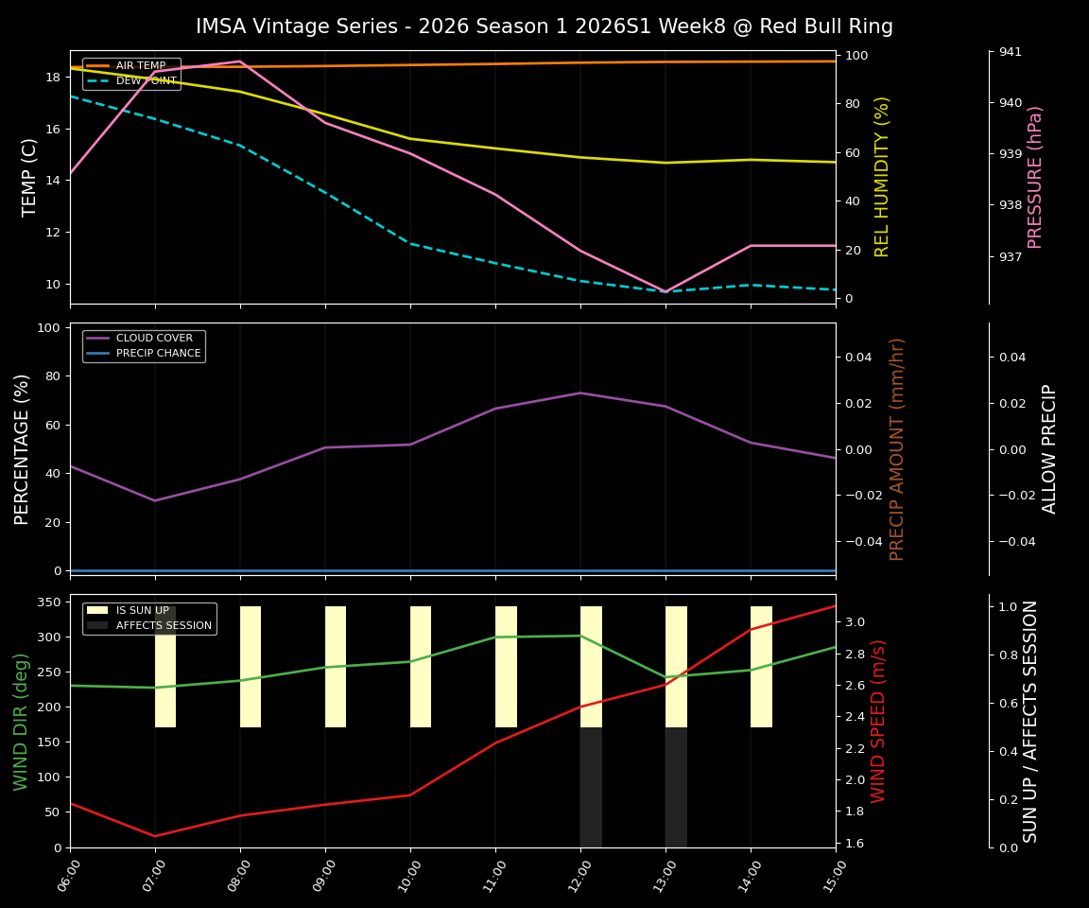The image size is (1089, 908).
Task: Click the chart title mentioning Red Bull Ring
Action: (x=544, y=26)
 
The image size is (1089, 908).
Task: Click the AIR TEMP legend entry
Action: (x=140, y=66)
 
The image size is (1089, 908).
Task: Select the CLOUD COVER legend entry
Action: (x=154, y=339)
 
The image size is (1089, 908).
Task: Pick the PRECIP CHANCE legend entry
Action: (x=158, y=354)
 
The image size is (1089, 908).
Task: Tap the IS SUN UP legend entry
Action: (x=142, y=611)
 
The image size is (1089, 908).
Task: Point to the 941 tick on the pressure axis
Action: (x=1010, y=51)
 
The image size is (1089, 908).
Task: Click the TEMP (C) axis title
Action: (x=30, y=177)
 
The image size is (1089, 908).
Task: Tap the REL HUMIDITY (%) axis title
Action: (x=883, y=177)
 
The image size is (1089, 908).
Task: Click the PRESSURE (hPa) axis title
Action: (x=1035, y=177)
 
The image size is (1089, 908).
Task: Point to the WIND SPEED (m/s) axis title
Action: (x=879, y=721)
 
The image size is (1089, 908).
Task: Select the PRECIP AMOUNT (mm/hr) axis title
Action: (x=897, y=449)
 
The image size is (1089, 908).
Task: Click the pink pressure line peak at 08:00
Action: (x=240, y=61)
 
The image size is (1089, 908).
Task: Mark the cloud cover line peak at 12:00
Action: (x=580, y=393)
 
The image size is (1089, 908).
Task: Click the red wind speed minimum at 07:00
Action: (x=155, y=836)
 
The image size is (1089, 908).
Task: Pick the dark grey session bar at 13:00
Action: (x=676, y=787)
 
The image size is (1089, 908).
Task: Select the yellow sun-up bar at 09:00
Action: (x=336, y=667)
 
